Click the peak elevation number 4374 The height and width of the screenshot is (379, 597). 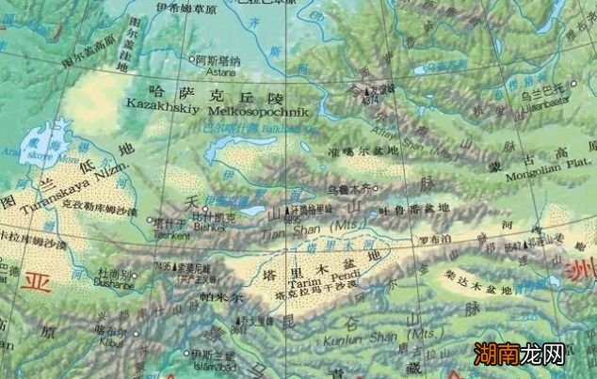coord(369,97)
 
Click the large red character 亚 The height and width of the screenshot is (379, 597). coord(40,282)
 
